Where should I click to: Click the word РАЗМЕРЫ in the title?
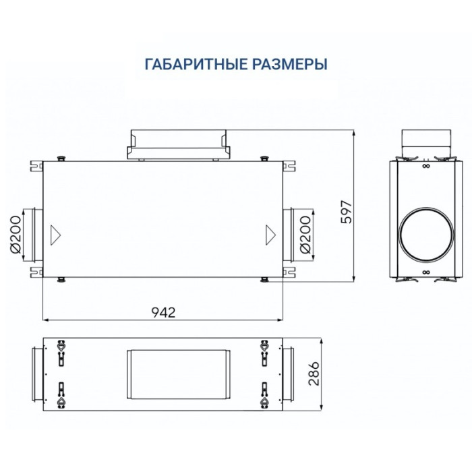(x=291, y=65)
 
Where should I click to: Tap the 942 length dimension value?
(x=164, y=312)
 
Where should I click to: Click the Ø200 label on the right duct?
(x=305, y=234)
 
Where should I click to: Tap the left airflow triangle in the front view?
(x=56, y=234)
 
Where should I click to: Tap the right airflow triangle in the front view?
(x=270, y=234)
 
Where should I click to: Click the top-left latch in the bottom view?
(x=61, y=350)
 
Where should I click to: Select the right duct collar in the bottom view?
(x=287, y=373)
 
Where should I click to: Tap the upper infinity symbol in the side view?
(x=425, y=165)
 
